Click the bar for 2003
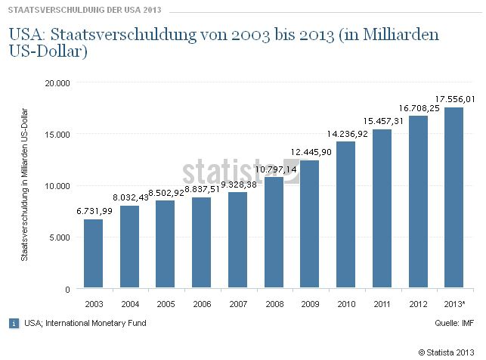click(x=93, y=254)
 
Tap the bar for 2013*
click(x=454, y=198)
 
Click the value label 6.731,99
click(x=93, y=211)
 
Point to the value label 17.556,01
click(x=454, y=98)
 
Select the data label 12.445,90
click(x=310, y=152)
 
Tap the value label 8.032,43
click(x=129, y=197)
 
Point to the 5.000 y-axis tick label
click(x=60, y=237)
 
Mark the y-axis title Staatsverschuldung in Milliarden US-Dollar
click(x=25, y=186)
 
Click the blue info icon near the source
click(x=14, y=323)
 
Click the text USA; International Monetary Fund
click(x=85, y=323)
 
